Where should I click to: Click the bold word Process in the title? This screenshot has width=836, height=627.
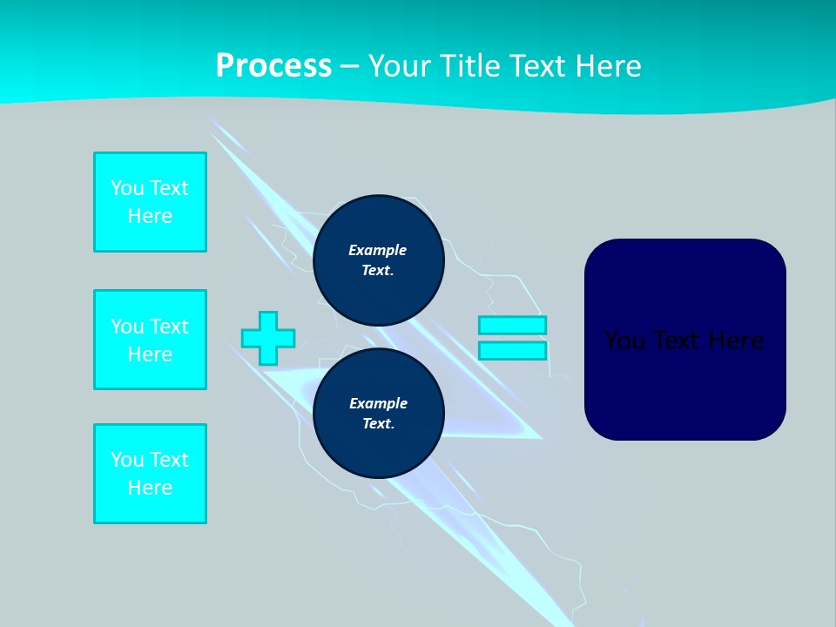pos(273,66)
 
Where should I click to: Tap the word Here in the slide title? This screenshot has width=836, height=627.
pos(606,66)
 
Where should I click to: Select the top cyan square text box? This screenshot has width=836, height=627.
pos(150,202)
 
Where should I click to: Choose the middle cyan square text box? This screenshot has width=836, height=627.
pos(150,340)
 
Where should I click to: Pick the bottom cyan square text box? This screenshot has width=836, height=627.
pos(150,474)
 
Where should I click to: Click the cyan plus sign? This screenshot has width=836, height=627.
pos(268,338)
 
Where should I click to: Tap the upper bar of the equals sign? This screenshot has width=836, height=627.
pos(512,325)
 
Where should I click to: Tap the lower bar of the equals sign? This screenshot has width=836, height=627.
pos(512,351)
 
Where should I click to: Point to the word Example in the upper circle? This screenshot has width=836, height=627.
pos(377,250)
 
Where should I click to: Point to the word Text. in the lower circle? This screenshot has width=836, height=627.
pos(378,424)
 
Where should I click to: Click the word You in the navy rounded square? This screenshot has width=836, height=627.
pos(624,340)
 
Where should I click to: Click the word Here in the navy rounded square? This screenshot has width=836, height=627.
pos(735,340)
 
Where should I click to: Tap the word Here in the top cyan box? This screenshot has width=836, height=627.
pos(150,216)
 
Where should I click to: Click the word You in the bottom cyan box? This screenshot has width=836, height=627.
pos(127,460)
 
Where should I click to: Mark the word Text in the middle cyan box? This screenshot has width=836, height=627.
pos(169,327)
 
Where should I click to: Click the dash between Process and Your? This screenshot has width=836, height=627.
pos(349,66)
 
